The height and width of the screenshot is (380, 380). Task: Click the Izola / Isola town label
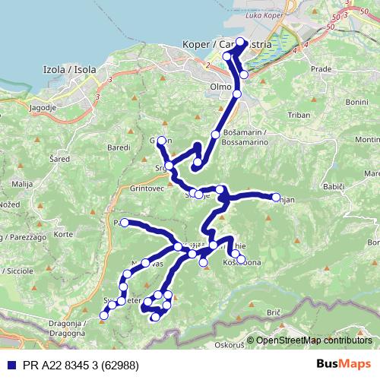click(70, 70)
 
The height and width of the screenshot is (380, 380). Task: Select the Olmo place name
click(220, 87)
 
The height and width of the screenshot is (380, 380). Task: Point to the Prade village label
click(322, 69)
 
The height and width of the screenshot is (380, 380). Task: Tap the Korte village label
click(63, 235)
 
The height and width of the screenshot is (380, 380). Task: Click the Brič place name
click(274, 313)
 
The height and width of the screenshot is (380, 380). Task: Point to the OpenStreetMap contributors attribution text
click(313, 341)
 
